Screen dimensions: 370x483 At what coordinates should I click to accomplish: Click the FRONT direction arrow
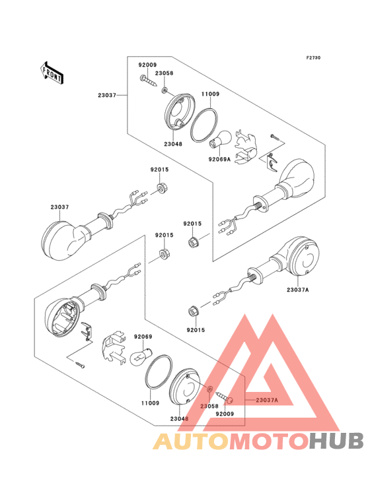pyautogui.click(x=52, y=73)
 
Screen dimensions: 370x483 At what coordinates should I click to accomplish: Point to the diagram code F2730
pyautogui.click(x=313, y=57)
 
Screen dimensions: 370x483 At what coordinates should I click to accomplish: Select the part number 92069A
pyautogui.click(x=219, y=159)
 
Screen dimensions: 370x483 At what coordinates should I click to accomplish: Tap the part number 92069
pyautogui.click(x=143, y=337)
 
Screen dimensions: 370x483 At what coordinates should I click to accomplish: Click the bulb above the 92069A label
pyautogui.click(x=220, y=139)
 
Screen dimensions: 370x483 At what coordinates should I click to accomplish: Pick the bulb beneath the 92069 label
pyautogui.click(x=141, y=356)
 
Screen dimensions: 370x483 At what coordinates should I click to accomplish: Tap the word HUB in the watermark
pyautogui.click(x=337, y=441)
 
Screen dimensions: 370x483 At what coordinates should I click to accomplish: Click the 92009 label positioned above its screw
pyautogui.click(x=147, y=65)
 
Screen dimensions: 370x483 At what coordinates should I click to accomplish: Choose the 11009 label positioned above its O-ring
pyautogui.click(x=210, y=94)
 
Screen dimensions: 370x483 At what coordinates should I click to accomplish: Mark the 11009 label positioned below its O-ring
pyautogui.click(x=150, y=403)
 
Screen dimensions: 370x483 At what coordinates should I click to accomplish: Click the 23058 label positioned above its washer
pyautogui.click(x=164, y=73)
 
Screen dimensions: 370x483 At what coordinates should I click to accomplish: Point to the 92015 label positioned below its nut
pyautogui.click(x=196, y=330)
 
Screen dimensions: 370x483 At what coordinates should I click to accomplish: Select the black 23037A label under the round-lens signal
pyautogui.click(x=297, y=290)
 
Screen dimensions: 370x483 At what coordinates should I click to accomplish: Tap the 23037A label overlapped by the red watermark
pyautogui.click(x=267, y=400)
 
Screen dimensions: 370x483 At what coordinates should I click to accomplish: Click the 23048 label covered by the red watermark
pyautogui.click(x=179, y=419)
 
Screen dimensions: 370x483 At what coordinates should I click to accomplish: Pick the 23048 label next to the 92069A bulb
pyautogui.click(x=173, y=144)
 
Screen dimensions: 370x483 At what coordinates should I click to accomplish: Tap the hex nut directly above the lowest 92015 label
pyautogui.click(x=193, y=311)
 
